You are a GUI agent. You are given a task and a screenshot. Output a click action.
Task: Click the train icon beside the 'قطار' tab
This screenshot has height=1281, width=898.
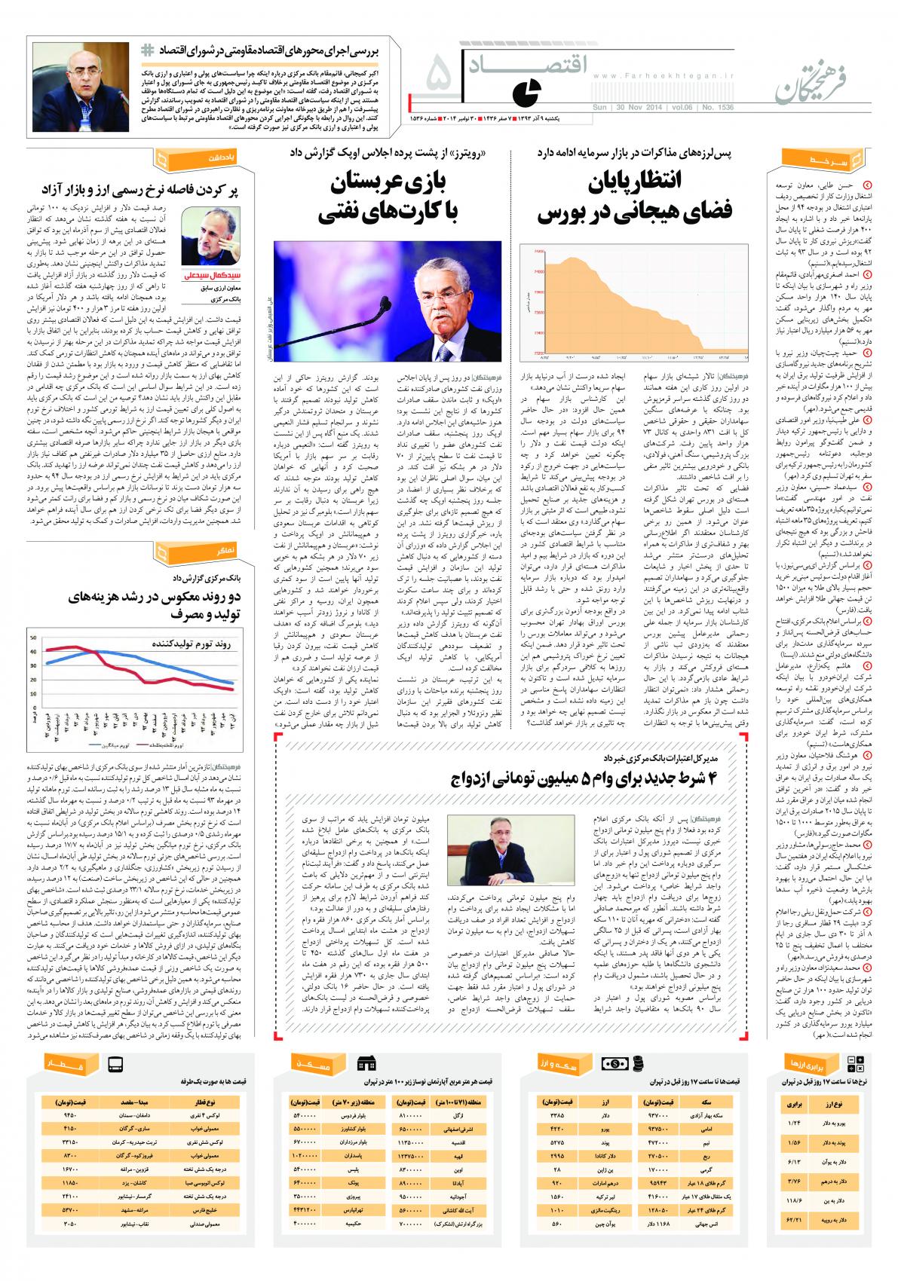pos(115,1065)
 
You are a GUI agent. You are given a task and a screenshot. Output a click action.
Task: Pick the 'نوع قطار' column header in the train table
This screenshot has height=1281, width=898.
pos(198,1101)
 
